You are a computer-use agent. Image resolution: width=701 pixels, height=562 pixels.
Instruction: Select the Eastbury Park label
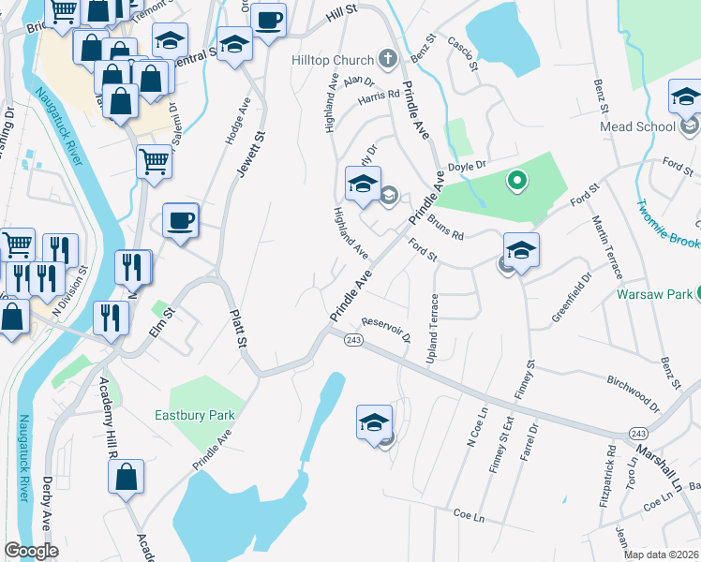point(194,415)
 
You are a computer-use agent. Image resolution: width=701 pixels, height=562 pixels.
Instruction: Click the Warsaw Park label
point(654,294)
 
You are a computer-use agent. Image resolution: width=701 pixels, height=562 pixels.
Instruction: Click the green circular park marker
point(515,180)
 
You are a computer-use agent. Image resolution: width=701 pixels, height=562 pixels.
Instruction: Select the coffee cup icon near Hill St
point(269,20)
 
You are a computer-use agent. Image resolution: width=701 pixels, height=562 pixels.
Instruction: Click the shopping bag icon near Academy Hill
point(126,478)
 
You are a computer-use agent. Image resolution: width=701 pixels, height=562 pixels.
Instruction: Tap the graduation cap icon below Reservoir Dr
point(374,422)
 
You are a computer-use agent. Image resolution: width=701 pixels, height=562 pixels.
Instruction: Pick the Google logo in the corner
point(31,551)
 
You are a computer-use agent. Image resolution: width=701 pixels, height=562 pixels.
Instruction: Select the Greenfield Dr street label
point(573,298)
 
